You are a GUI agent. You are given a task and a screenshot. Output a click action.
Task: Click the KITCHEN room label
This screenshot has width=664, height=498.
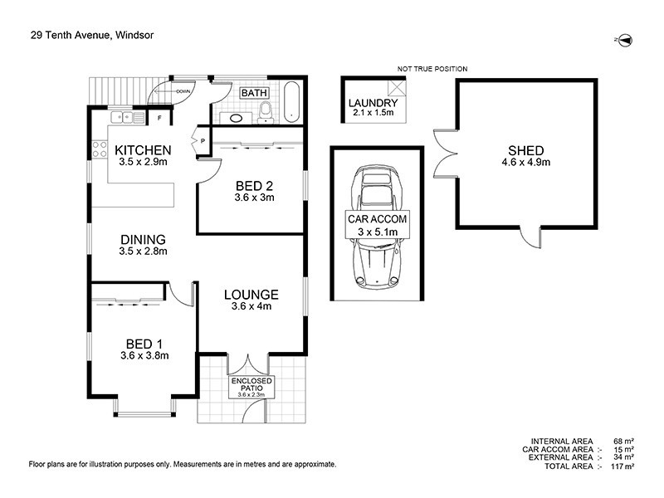click(x=143, y=150)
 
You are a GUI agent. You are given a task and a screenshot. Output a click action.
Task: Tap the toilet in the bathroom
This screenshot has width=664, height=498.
click(x=265, y=111)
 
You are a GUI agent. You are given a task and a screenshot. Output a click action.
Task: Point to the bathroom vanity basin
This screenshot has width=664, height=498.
click(x=237, y=118)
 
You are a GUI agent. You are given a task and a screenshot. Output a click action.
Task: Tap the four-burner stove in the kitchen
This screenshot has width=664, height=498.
click(x=99, y=149)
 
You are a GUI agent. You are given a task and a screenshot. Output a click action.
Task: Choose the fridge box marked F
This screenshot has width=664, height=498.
click(x=159, y=118)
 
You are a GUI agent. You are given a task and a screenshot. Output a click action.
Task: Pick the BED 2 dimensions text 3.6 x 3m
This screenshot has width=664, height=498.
click(x=255, y=198)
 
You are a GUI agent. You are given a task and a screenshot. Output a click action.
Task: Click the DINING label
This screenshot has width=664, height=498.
click(x=143, y=239)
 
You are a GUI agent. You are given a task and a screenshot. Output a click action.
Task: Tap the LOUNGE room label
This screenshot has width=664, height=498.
click(x=251, y=295)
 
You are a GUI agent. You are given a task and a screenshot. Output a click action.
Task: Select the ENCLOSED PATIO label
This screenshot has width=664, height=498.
click(x=250, y=385)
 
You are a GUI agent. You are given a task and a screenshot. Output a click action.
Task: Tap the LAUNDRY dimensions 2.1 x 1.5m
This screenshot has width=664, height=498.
click(x=373, y=113)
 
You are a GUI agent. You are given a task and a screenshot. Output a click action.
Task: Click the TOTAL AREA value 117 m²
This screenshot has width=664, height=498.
click(x=622, y=466)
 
